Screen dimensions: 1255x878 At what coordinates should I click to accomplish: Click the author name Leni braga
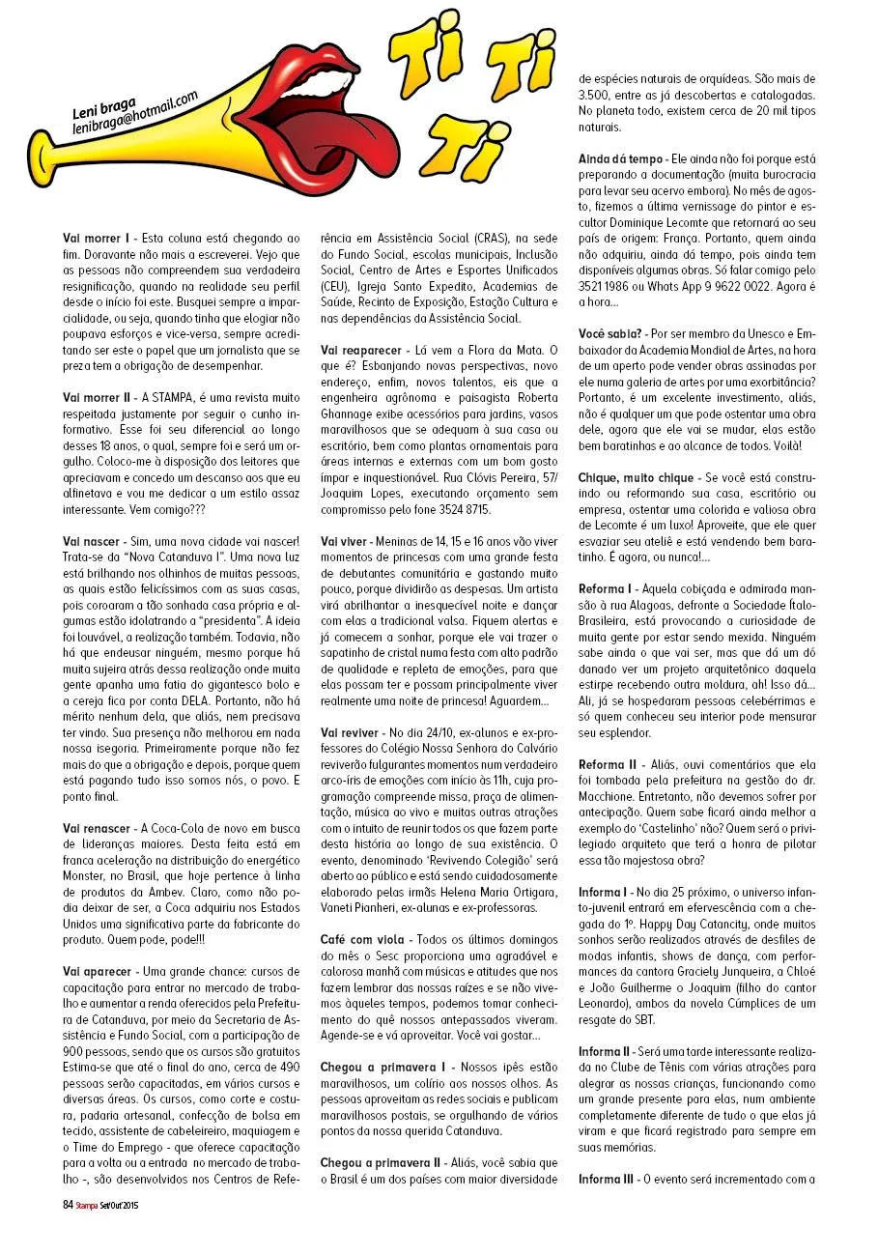pos(103,113)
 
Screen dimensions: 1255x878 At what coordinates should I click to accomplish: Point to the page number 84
pos(68,1204)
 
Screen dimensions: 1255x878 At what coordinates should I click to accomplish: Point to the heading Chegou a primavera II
pos(390,1162)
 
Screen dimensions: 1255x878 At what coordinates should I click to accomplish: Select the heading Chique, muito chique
pos(636,477)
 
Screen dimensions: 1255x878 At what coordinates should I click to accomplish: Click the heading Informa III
pos(609,1179)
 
